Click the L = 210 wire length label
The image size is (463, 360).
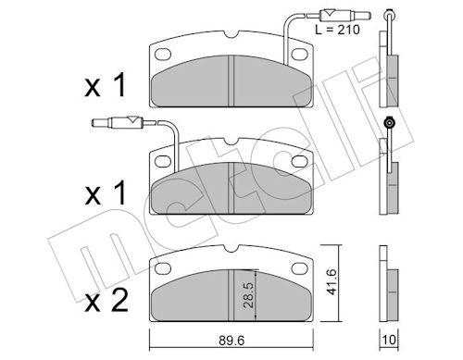click(x=337, y=30)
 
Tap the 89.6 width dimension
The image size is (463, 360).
click(x=231, y=341)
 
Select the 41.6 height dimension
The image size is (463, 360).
click(x=332, y=281)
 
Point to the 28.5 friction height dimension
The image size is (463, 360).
click(x=248, y=294)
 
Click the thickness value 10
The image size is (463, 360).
click(x=389, y=340)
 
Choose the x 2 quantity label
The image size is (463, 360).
click(x=106, y=301)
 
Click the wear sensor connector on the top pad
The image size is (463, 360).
click(x=344, y=15)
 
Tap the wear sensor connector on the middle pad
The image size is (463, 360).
click(x=118, y=123)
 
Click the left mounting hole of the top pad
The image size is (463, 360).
click(x=163, y=54)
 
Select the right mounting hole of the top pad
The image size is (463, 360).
click(x=300, y=54)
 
